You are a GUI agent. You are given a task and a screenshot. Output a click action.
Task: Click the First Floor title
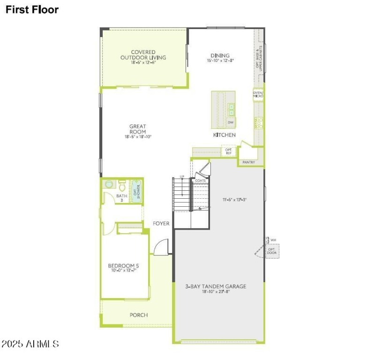tap(32, 10)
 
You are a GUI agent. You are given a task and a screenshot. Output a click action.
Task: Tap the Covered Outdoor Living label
tap(143, 55)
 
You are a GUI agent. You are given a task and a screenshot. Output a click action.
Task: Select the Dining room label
tap(220, 55)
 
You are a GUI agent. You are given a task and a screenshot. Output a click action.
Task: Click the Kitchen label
tap(224, 135)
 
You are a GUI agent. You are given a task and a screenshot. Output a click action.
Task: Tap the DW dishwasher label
tap(231, 122)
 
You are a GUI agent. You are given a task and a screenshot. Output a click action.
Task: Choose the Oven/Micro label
tap(258, 95)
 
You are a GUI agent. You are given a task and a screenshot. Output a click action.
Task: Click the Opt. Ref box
tap(229, 151)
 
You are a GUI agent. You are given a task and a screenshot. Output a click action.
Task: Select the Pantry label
tap(249, 162)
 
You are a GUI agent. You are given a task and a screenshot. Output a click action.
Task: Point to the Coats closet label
tap(201, 180)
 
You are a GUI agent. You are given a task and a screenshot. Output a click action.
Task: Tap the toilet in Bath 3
tap(109, 185)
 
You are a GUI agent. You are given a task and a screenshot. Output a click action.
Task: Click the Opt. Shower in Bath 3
tap(136, 190)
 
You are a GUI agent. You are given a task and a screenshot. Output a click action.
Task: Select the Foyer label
tap(161, 224)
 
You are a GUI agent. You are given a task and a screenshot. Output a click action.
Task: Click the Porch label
tap(139, 315)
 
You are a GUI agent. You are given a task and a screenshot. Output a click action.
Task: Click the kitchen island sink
tap(231, 109)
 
